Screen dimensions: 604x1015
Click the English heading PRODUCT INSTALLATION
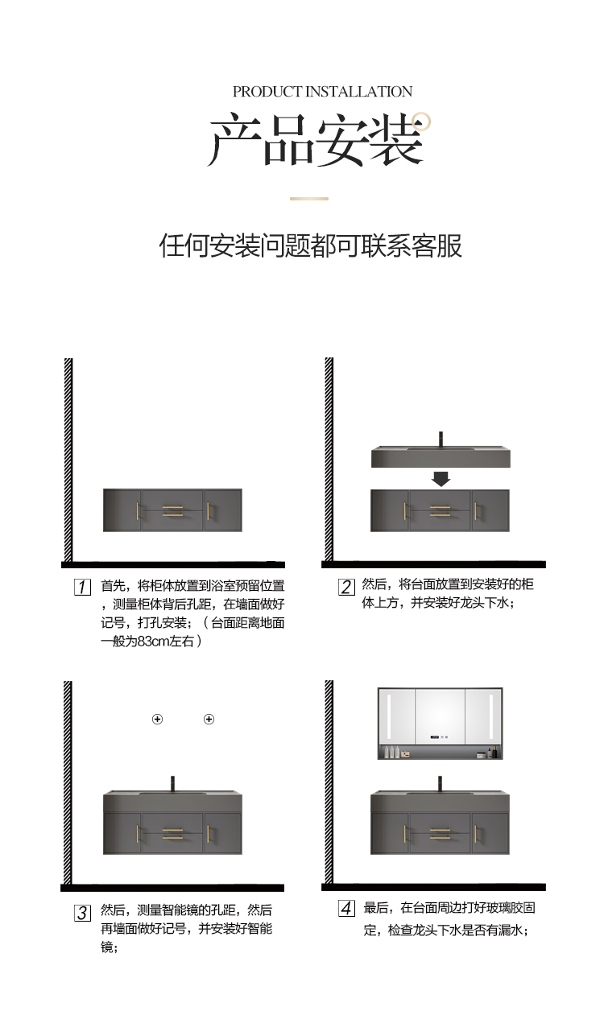[322, 92]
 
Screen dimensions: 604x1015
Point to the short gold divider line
[309, 198]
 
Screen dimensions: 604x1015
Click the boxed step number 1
[82, 587]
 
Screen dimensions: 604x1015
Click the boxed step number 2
[346, 587]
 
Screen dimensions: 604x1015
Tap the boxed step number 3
[82, 913]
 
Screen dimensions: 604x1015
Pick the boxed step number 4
[346, 910]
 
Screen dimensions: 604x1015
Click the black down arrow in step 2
[441, 479]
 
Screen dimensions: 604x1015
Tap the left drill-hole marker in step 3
[158, 719]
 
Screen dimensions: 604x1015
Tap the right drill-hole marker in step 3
[209, 719]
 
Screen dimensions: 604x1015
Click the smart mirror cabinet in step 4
[441, 723]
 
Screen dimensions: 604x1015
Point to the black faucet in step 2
[441, 440]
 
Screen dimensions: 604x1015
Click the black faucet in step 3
[172, 784]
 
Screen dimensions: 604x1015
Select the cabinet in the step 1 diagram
[172, 510]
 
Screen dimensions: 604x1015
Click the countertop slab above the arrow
[441, 457]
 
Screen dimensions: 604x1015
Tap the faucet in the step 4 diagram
[440, 783]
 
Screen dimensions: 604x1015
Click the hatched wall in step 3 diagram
[68, 781]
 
